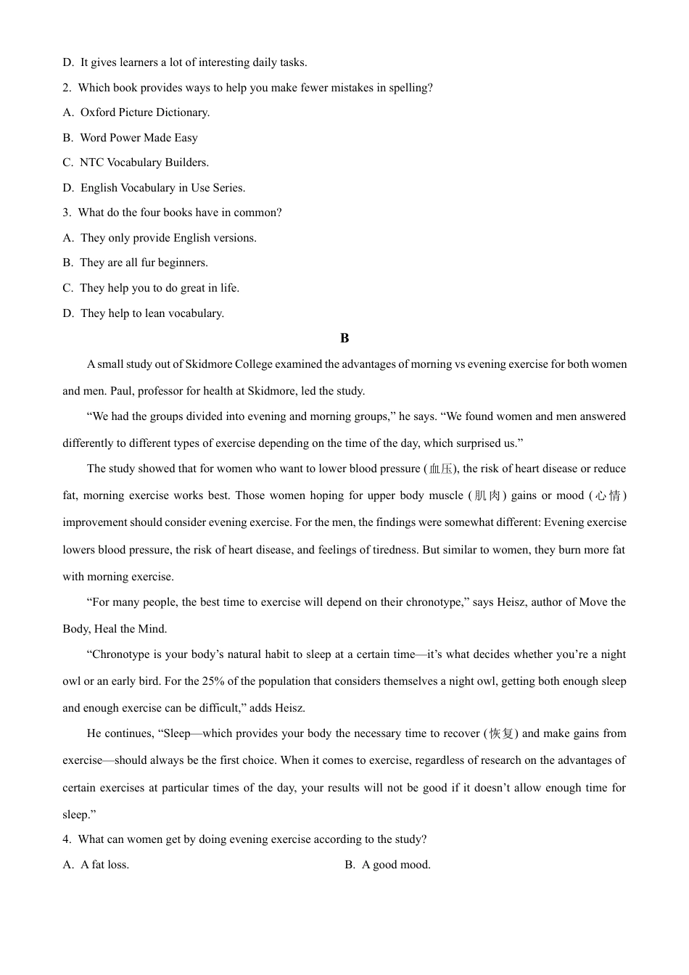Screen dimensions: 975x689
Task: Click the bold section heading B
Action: click(x=344, y=338)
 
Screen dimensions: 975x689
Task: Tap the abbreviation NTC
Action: click(x=91, y=162)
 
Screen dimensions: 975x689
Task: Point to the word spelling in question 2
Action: click(x=410, y=88)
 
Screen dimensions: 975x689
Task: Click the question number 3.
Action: click(x=67, y=213)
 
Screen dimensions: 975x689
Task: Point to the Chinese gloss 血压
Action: click(x=441, y=469)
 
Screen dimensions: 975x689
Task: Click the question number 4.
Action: click(x=67, y=839)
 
